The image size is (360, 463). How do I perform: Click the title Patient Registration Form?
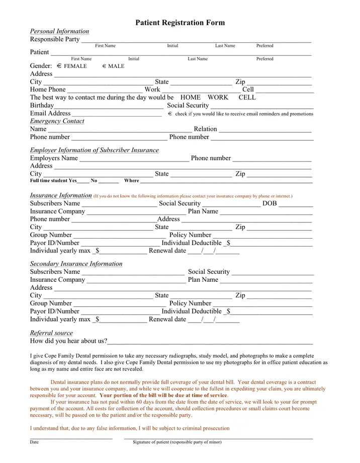point(180,23)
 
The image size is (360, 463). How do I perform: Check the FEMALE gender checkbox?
point(59,66)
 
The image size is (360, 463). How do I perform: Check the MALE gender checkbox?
point(104,66)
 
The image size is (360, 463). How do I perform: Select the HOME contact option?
point(190,98)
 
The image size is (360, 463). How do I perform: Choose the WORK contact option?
point(218,98)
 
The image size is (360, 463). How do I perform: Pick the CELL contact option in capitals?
point(247,98)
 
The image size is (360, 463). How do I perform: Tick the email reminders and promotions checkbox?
point(170,114)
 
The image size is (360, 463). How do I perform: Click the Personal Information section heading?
point(59,31)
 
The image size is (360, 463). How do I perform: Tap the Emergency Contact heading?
point(57,121)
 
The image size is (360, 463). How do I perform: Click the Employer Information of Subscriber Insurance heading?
point(94,150)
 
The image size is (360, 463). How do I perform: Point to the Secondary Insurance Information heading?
point(76,264)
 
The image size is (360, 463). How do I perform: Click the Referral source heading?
point(51,333)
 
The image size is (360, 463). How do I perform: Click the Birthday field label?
point(42,106)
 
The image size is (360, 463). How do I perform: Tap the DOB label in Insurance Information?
point(269,204)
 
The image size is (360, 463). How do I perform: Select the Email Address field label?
point(50,114)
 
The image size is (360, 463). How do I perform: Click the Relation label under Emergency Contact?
point(205,129)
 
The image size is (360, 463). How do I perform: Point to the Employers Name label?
point(54,158)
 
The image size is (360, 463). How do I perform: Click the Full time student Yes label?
point(53,181)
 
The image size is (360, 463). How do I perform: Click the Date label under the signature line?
point(34,442)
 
